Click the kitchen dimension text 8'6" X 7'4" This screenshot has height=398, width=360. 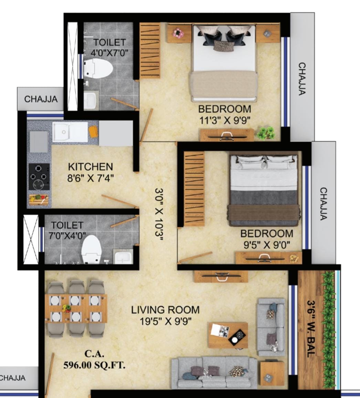(x=91, y=178)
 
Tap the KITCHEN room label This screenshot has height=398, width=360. (x=91, y=167)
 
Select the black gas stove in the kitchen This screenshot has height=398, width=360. (x=39, y=177)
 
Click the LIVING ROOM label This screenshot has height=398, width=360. (x=165, y=310)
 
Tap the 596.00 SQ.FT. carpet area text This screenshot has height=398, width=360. (x=94, y=366)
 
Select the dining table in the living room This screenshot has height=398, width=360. (x=76, y=309)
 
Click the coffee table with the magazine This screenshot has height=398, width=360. (x=228, y=335)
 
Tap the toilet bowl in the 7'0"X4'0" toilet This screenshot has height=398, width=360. (x=92, y=249)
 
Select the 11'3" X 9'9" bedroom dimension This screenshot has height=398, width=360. (x=225, y=120)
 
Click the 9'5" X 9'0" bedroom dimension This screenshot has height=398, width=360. (x=267, y=245)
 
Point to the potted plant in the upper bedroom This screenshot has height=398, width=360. (x=266, y=133)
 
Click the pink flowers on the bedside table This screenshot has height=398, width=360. (x=179, y=33)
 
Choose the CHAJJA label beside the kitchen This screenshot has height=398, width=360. (x=41, y=99)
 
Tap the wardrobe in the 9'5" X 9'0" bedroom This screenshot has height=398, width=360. (x=194, y=189)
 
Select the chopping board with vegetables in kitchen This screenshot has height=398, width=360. (x=39, y=200)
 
